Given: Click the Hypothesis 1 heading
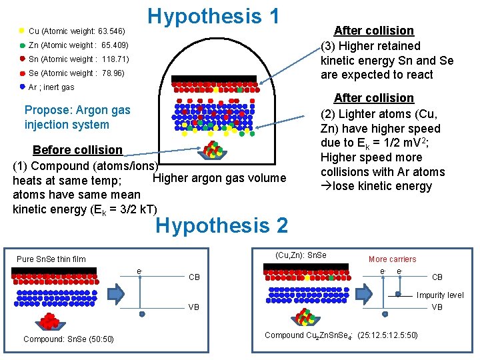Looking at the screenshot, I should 213,16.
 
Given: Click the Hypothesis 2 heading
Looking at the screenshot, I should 222,226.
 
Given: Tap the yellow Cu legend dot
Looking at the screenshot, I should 23,31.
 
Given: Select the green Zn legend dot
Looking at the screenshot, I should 23,45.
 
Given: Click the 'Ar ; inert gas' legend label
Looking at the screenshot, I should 51,87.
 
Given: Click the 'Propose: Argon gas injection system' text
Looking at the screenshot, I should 77,117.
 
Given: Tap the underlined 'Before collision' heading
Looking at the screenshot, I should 77,149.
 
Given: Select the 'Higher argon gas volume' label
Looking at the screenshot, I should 219,178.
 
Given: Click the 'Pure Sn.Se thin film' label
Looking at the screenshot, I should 51,259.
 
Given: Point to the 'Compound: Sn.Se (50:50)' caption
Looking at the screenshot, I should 69,339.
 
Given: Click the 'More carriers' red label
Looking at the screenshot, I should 392,259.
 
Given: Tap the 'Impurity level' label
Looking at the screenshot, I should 440,295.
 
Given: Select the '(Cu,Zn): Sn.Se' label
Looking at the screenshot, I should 301,255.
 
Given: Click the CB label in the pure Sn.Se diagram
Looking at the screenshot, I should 195,277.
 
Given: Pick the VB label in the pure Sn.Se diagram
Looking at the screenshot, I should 195,307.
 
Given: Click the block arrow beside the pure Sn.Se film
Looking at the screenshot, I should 117,293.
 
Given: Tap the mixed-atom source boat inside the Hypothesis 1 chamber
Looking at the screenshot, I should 213,151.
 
